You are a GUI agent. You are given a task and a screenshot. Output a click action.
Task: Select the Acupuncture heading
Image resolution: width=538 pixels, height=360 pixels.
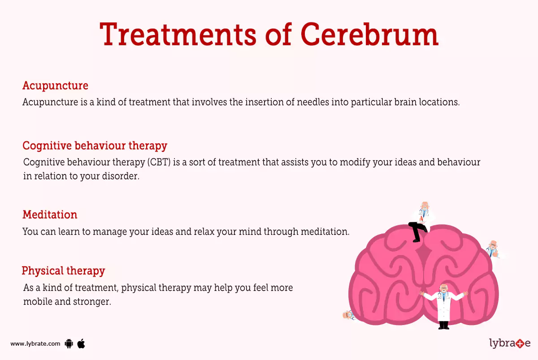tap(55, 85)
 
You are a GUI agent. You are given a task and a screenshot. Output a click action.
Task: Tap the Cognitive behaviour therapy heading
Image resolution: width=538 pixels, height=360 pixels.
tap(95, 146)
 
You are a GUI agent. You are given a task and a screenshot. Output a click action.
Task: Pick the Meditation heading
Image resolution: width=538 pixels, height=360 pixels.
tap(50, 215)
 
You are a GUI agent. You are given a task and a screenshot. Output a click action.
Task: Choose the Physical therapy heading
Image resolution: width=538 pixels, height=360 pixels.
tap(63, 271)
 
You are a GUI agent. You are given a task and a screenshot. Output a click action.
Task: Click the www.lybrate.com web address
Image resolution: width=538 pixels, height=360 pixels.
tap(35, 344)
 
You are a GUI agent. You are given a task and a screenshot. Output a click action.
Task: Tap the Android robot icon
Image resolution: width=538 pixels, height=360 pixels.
tap(69, 344)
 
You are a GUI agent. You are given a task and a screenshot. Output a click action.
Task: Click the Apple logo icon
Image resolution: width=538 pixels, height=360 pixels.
tap(81, 344)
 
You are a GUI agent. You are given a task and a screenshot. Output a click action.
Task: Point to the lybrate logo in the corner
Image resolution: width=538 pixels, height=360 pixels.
tap(509, 343)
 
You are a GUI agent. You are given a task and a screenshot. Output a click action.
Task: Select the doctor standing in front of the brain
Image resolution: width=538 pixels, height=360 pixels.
tap(443, 305)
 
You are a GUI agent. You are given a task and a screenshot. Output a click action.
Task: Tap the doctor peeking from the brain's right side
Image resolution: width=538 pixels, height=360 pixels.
tap(493, 249)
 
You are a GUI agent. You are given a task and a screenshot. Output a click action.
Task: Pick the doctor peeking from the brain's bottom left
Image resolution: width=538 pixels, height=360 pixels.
tap(348, 315)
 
